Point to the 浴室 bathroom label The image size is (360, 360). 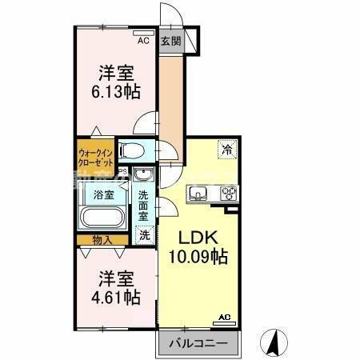(x=103, y=195)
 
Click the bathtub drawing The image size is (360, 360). (x=101, y=218)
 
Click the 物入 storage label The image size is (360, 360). (x=102, y=239)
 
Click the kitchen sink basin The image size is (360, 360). (x=199, y=192)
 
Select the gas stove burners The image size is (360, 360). (x=227, y=192)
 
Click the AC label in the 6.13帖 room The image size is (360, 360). (x=143, y=38)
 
